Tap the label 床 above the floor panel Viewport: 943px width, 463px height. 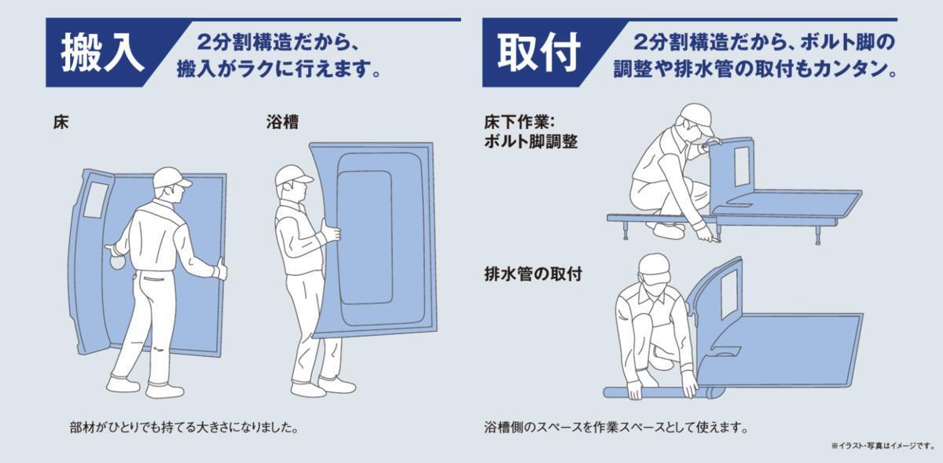click(x=61, y=122)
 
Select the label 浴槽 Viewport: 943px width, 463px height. click(x=282, y=122)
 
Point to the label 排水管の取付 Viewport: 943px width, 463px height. click(x=533, y=274)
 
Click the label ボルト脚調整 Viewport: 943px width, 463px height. click(x=531, y=141)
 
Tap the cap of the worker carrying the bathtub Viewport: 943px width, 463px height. click(x=292, y=175)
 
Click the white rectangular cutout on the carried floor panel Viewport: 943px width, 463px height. click(x=96, y=200)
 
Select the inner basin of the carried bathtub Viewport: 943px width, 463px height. click(x=365, y=237)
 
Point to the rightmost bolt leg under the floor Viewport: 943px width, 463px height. click(x=818, y=236)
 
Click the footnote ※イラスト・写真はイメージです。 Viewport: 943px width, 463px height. click(x=882, y=445)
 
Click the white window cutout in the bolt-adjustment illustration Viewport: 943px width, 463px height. click(x=742, y=167)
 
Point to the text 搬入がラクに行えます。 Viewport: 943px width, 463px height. click(x=279, y=68)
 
